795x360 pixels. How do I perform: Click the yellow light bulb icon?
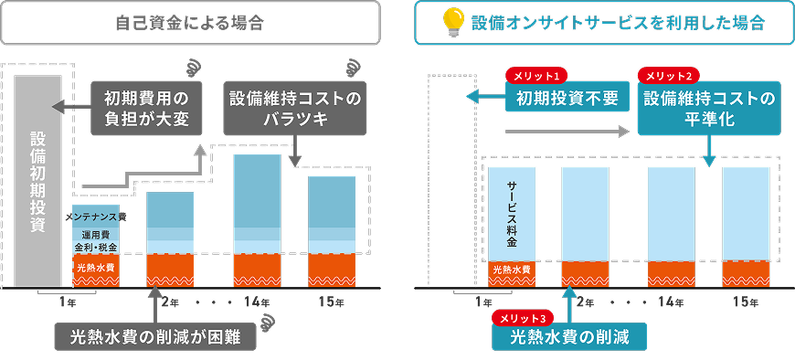point(452,21)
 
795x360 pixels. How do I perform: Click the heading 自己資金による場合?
point(190,23)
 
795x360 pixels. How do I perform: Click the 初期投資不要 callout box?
point(567,97)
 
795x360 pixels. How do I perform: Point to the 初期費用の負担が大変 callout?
point(146,110)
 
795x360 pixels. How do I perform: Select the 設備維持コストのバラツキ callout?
point(294,110)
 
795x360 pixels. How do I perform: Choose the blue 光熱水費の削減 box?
point(571,337)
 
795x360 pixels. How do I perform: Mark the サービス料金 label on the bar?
point(512,215)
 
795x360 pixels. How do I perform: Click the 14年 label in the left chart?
point(258,302)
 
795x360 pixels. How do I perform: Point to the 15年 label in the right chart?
point(746,302)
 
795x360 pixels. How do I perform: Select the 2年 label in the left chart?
point(171,302)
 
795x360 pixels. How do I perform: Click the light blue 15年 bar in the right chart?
point(746,215)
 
